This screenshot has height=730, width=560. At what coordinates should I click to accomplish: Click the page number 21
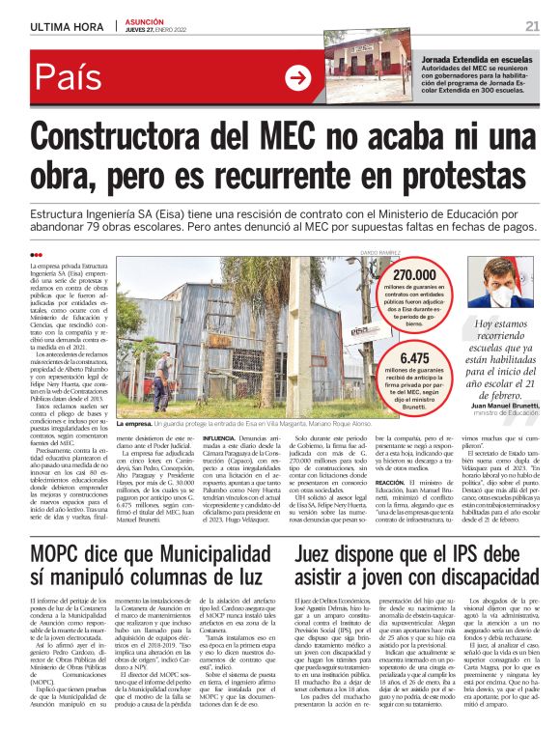click(x=532, y=26)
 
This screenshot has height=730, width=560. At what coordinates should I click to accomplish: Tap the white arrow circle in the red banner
click(x=298, y=78)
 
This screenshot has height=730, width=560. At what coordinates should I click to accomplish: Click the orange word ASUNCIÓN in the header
click(x=146, y=21)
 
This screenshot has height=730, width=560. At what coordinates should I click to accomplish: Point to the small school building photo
click(x=364, y=70)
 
